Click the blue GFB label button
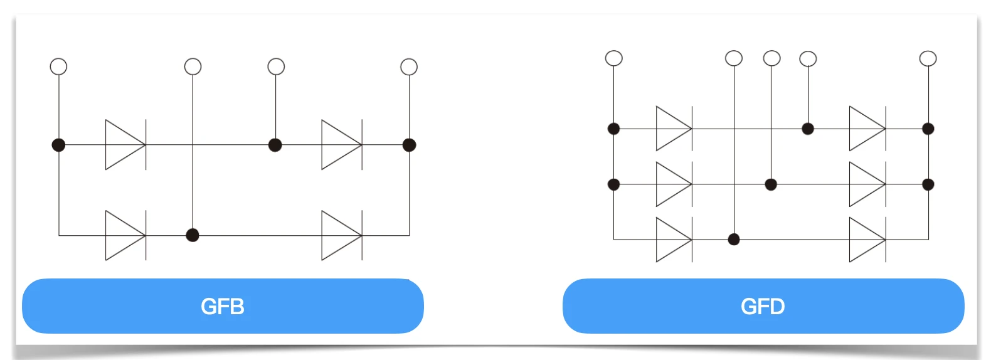(x=223, y=306)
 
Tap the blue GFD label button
(x=763, y=306)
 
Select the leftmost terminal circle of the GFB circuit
(x=58, y=66)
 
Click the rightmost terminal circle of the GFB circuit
(x=409, y=66)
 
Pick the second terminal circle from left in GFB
(x=193, y=66)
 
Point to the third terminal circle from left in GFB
(x=276, y=66)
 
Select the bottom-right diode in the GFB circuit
(x=341, y=235)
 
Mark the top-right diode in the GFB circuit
(x=341, y=145)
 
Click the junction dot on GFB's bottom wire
(x=193, y=235)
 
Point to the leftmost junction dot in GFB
(x=58, y=145)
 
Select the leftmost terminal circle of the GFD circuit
(x=613, y=58)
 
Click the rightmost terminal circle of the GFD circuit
(x=928, y=58)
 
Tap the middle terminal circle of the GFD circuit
(x=771, y=58)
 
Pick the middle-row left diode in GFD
(x=674, y=184)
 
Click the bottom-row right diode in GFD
(x=867, y=240)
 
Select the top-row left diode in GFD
(x=674, y=129)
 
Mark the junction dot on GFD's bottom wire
(x=734, y=240)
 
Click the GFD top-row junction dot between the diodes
(x=808, y=129)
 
